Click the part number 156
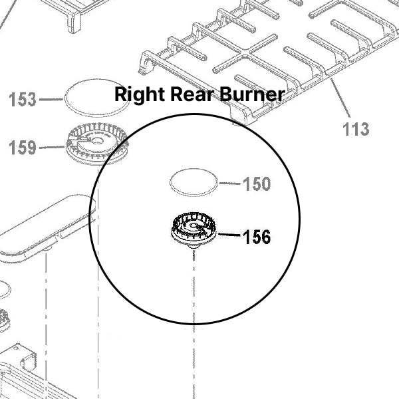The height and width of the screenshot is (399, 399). coord(257,236)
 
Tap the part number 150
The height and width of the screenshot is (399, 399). coord(257,184)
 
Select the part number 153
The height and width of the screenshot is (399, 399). coord(23,100)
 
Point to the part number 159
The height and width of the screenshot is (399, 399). coord(23,147)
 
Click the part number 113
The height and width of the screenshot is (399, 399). coord(356,128)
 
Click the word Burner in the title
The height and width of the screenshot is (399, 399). coord(246,94)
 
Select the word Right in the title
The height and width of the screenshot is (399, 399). coord(136,94)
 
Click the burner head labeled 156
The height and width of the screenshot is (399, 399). coord(193,231)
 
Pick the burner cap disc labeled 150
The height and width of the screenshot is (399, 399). coord(194,182)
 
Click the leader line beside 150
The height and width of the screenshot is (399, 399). coord(229,183)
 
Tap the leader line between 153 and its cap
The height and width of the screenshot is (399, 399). coord(51,100)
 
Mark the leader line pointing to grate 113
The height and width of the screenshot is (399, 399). coord(341,98)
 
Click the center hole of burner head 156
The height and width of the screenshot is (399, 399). coord(194,227)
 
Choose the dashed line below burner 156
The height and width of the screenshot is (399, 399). coord(194,286)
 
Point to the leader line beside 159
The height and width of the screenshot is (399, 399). coord(52,147)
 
